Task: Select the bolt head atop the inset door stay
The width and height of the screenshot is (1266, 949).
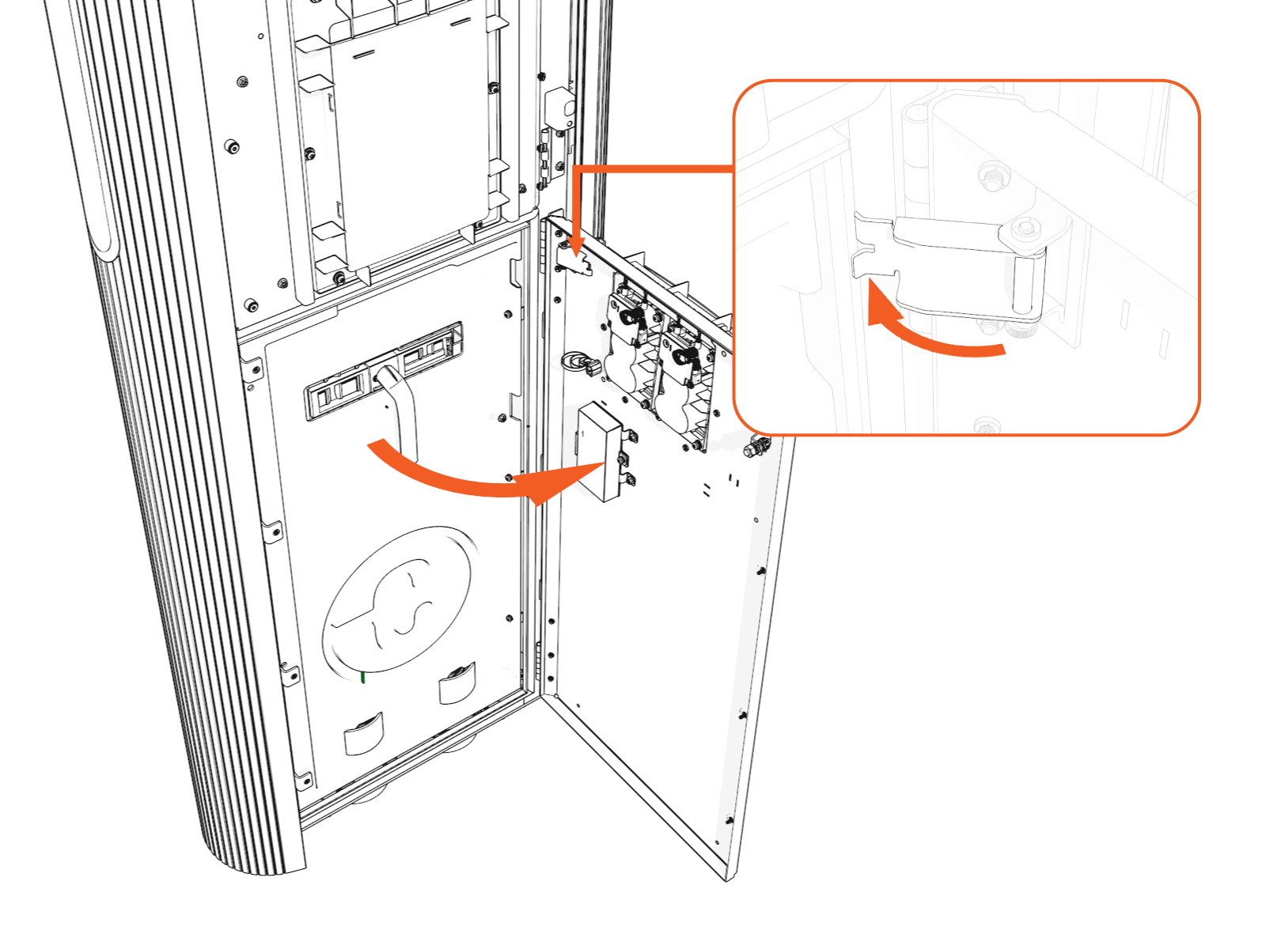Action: click(1025, 229)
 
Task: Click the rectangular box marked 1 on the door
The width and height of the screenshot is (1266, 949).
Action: click(600, 451)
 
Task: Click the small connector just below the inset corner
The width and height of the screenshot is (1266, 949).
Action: click(756, 448)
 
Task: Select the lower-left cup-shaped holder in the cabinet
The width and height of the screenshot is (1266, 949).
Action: click(364, 735)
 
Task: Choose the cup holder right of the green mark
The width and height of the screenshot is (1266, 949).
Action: click(457, 683)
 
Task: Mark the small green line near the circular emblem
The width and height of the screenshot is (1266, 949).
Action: click(362, 677)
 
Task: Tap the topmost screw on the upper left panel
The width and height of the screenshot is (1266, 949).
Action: click(261, 36)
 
